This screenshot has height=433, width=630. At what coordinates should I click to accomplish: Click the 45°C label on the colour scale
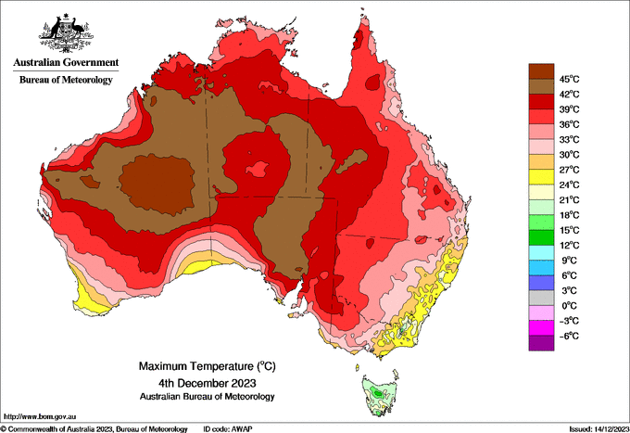pyautogui.click(x=570, y=79)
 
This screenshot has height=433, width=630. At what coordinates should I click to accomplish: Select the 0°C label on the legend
pyautogui.click(x=570, y=306)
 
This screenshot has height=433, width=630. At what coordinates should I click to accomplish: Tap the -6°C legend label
pyautogui.click(x=569, y=336)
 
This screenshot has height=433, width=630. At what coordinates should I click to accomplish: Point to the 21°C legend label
pyautogui.click(x=570, y=200)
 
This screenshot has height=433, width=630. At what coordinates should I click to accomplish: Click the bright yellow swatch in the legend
pyautogui.click(x=541, y=177)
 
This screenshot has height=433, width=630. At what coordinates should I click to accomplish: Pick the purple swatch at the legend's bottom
pyautogui.click(x=541, y=343)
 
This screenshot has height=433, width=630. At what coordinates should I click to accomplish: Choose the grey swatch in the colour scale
pyautogui.click(x=541, y=298)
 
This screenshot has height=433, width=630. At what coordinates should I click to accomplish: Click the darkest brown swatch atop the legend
pyautogui.click(x=541, y=71)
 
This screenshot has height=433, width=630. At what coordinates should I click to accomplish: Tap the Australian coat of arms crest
pyautogui.click(x=66, y=33)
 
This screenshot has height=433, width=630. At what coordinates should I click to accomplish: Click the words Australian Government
pyautogui.click(x=66, y=62)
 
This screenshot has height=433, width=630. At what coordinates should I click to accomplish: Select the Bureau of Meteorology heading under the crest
pyautogui.click(x=66, y=80)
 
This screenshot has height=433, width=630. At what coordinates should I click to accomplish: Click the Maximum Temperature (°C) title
pyautogui.click(x=208, y=366)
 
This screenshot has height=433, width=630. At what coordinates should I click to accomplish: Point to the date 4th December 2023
pyautogui.click(x=208, y=382)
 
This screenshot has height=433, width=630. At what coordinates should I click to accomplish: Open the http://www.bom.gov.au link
pyautogui.click(x=40, y=416)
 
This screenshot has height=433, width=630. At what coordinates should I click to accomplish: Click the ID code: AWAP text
pyautogui.click(x=228, y=429)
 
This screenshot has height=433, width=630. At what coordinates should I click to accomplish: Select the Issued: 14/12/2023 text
pyautogui.click(x=599, y=429)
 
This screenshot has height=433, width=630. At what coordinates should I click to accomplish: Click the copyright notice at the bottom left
pyautogui.click(x=94, y=429)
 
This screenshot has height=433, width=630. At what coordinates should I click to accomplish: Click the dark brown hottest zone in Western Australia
pyautogui.click(x=157, y=184)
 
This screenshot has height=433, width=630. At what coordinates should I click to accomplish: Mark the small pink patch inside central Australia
pyautogui.click(x=258, y=170)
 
